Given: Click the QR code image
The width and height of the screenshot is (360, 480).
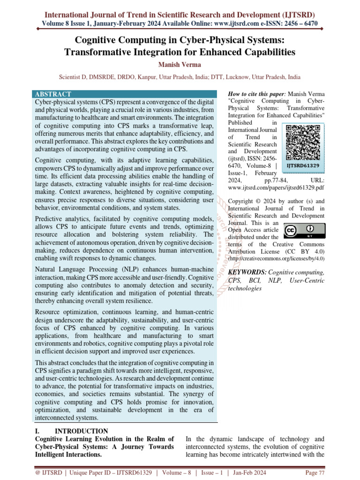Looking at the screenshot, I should [x=303, y=136].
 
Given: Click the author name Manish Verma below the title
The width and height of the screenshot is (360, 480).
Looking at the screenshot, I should [x=180, y=64].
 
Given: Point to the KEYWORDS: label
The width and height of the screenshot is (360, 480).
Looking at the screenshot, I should [x=247, y=272].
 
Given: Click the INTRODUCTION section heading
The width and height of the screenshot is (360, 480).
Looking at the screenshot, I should [x=82, y=431].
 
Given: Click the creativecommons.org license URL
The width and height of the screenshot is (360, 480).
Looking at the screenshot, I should [x=276, y=258].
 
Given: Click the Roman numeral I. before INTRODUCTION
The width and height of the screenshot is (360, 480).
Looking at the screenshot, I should [x=38, y=431].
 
